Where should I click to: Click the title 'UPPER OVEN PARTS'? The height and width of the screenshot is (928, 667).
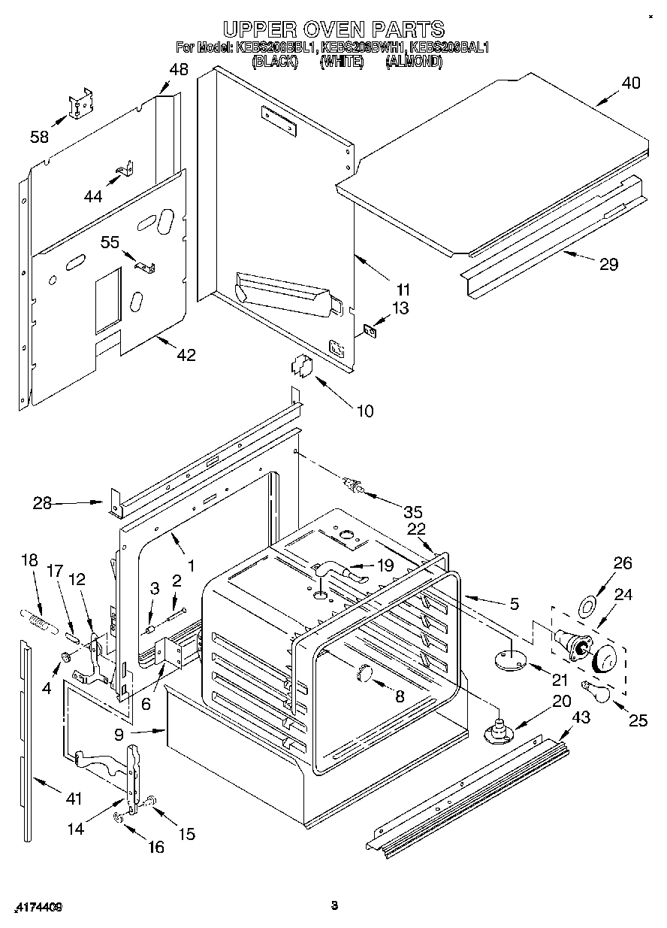[x=333, y=29]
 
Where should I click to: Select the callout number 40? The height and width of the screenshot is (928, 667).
[x=631, y=83]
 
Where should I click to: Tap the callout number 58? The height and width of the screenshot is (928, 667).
[x=39, y=137]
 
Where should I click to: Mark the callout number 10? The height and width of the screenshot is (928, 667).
[x=364, y=411]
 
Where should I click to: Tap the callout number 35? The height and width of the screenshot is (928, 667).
[x=412, y=512]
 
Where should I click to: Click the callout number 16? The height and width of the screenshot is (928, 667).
[x=155, y=847]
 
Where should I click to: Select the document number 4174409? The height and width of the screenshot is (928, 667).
[x=37, y=908]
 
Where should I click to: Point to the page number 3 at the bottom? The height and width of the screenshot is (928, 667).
[x=334, y=905]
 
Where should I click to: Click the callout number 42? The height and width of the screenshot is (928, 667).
[x=186, y=355]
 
